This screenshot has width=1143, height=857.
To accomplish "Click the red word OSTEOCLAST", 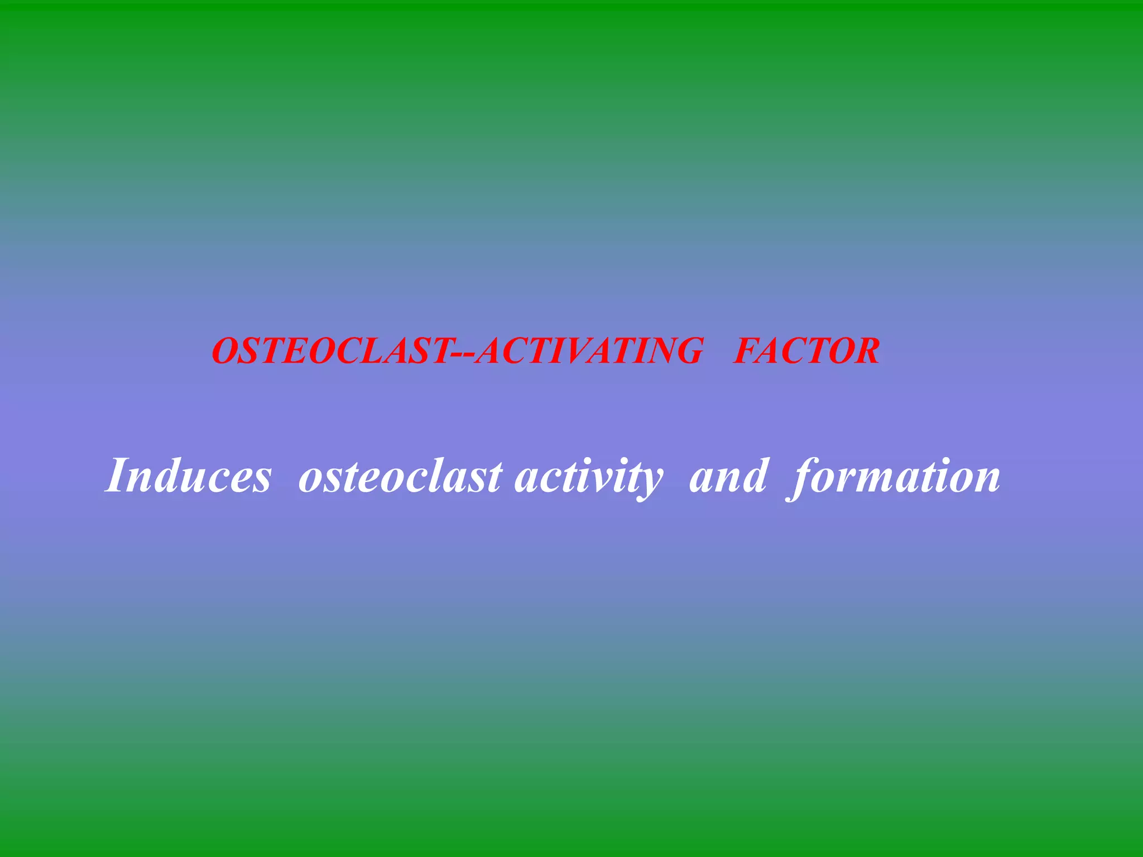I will click(332, 351).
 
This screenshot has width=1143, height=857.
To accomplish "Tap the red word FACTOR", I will click(807, 351).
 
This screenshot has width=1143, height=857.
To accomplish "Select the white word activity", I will click(589, 478).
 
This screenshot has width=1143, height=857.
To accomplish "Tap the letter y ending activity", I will click(651, 482).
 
